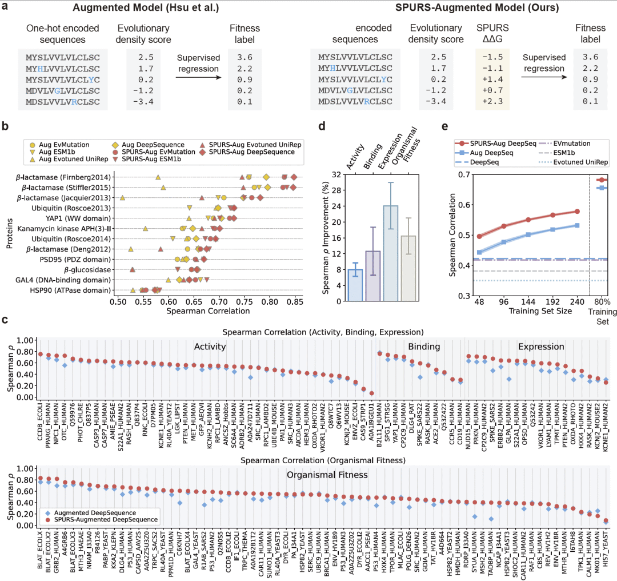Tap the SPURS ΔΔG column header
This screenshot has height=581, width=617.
click(489, 34)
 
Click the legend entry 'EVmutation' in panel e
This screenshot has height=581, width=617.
click(571, 144)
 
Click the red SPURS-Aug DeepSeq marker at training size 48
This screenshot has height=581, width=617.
click(479, 236)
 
